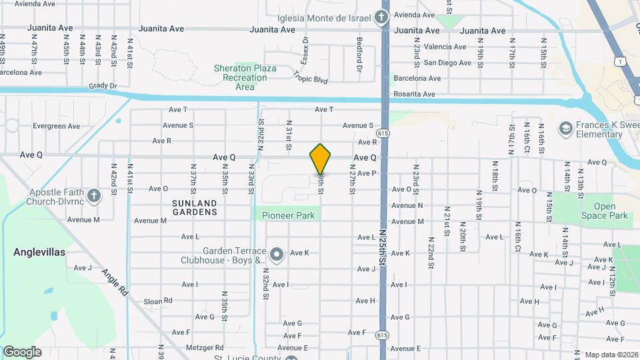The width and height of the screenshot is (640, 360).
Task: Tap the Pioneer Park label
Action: [288, 215]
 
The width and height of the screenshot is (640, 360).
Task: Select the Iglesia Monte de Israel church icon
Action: [382, 17]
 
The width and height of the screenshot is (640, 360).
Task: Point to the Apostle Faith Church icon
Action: [94, 195]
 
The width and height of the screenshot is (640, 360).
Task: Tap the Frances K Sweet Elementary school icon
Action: [566, 127]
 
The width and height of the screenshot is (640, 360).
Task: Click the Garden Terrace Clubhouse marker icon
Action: [278, 253]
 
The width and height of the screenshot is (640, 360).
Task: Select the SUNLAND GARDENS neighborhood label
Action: [195, 207]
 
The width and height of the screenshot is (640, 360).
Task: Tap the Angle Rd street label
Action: [115, 282]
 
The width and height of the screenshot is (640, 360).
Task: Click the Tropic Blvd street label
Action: [311, 78]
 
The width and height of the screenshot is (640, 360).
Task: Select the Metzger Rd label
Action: [205, 347]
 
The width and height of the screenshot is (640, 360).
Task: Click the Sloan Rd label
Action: [158, 301]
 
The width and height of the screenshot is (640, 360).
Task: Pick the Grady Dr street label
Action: [103, 86]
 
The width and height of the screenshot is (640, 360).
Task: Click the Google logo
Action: [22, 351]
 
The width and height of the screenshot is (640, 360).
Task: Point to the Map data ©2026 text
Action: [610, 355]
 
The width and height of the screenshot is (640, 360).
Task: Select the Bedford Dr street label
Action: [359, 55]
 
